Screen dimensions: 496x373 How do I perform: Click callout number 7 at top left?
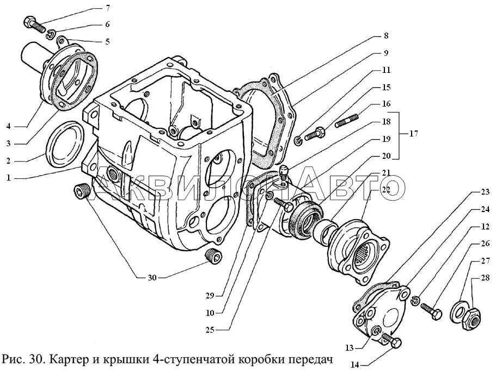point(108,8)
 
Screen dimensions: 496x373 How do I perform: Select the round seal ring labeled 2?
point(65,144)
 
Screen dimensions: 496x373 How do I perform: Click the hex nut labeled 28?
point(471,319)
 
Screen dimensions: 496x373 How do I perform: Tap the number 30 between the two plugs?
point(152,278)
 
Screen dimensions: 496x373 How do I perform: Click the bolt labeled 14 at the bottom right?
point(391,340)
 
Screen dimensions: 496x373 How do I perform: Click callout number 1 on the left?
point(9,178)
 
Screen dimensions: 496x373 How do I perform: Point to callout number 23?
point(485,192)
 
